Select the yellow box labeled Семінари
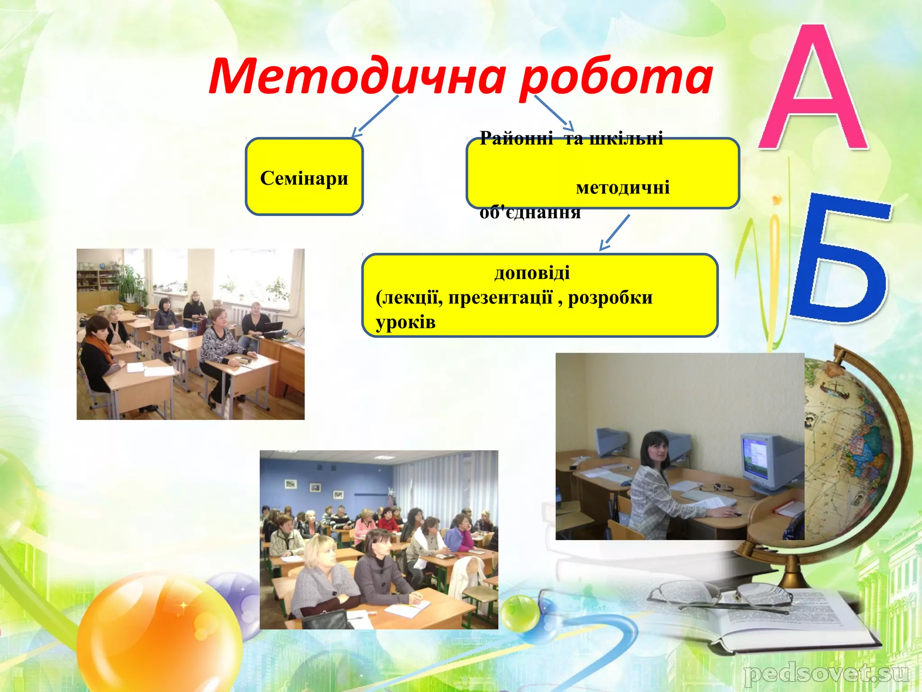pos(304,177)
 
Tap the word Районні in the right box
pos(516,138)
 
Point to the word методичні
pos(623,187)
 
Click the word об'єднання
pos(530,212)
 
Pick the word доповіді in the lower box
pos(532,273)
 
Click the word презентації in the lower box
pos(500,298)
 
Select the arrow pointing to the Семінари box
pos(375,116)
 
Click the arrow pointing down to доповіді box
pos(615,232)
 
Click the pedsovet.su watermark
pos(826,674)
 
